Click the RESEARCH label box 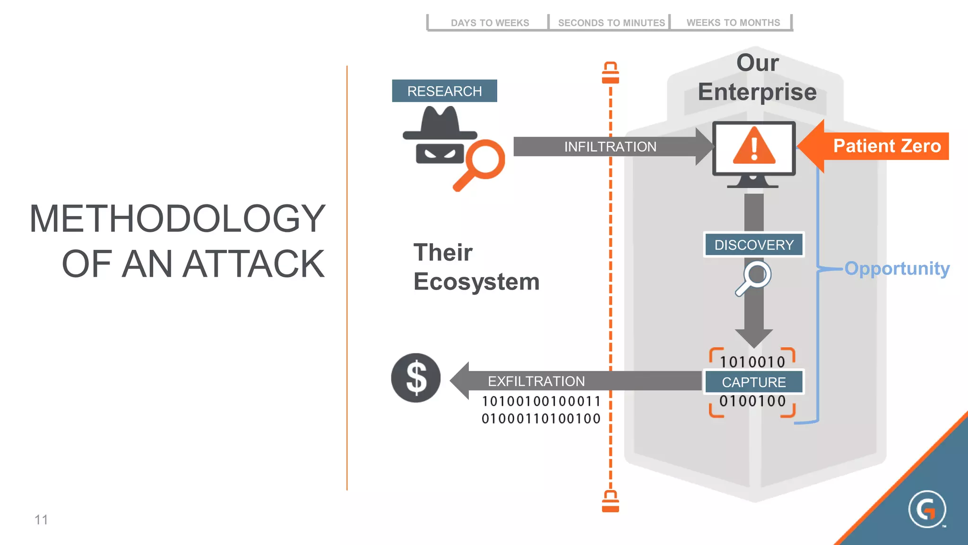[444, 91]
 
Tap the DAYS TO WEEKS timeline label [490, 23]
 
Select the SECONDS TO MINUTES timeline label [611, 23]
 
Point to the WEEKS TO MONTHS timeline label [733, 23]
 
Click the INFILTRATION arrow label [610, 147]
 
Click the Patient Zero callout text [887, 146]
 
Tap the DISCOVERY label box [754, 245]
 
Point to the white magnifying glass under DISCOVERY [754, 277]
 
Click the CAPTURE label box [754, 382]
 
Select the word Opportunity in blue [897, 268]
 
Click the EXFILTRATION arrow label [536, 381]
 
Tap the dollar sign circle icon [416, 378]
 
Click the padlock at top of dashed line [610, 73]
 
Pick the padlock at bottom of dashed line [610, 501]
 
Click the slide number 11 [41, 519]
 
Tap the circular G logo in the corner [926, 510]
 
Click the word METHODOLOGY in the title [177, 219]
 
